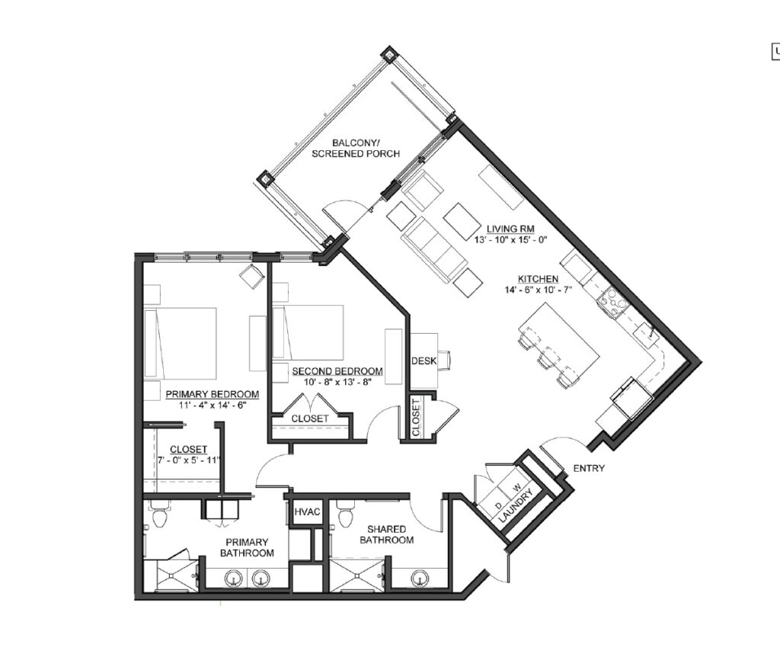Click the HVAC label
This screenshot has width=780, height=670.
(306, 511)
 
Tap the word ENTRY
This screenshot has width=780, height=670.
(589, 469)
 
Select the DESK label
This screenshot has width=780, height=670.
(424, 361)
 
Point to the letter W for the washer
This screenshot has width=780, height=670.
(517, 486)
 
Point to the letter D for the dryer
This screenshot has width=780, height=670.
(498, 505)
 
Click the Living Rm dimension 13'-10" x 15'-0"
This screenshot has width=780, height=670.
(510, 239)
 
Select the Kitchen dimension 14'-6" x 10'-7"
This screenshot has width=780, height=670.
(538, 289)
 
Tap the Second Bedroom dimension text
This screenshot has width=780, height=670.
(337, 382)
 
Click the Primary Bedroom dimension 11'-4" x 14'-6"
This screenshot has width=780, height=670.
(213, 405)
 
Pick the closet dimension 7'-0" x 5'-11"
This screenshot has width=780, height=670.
(189, 460)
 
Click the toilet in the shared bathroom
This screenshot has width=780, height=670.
(345, 514)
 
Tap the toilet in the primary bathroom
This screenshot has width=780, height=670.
(160, 515)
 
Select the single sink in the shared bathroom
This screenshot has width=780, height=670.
(420, 579)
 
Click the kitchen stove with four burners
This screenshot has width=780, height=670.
(611, 302)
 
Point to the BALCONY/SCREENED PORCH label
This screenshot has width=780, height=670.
(356, 149)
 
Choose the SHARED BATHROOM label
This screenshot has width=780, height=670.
(386, 534)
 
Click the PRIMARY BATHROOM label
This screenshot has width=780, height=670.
(247, 547)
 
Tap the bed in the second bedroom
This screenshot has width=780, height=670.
(308, 332)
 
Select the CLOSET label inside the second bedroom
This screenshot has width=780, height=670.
(310, 418)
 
